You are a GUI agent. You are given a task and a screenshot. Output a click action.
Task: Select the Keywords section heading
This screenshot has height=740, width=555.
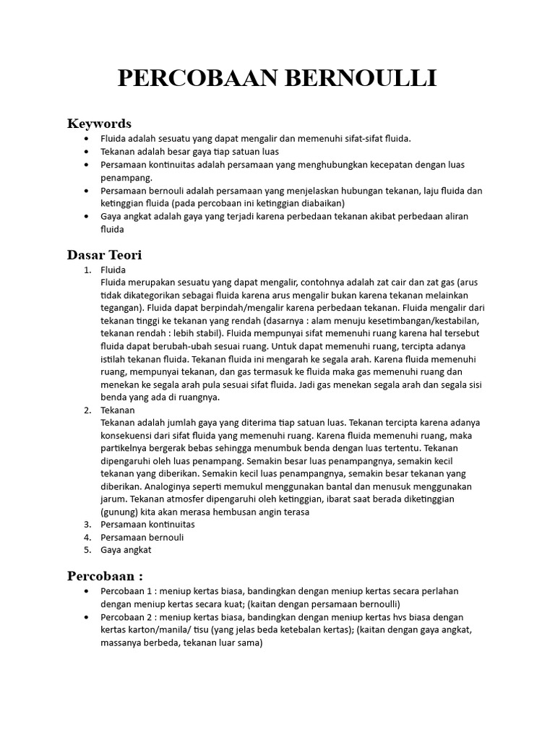[x=99, y=123]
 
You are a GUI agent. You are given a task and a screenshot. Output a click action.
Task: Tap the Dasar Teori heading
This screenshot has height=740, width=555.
[x=104, y=254]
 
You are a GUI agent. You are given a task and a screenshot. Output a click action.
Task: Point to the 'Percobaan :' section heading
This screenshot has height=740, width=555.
[x=105, y=576]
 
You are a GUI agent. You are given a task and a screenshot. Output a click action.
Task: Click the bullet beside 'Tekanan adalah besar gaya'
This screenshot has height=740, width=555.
[x=87, y=152]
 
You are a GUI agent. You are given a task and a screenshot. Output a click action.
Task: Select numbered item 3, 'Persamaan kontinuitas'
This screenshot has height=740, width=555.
[x=147, y=525]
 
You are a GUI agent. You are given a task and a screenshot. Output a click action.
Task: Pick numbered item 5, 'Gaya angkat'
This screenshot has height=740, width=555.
[x=126, y=550]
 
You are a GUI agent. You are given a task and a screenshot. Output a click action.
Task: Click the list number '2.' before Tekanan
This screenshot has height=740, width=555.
[x=87, y=410]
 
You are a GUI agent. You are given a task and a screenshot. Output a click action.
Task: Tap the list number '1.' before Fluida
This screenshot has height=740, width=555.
[x=87, y=270]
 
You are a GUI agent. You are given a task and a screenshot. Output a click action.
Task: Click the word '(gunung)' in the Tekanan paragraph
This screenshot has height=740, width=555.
[x=120, y=512]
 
